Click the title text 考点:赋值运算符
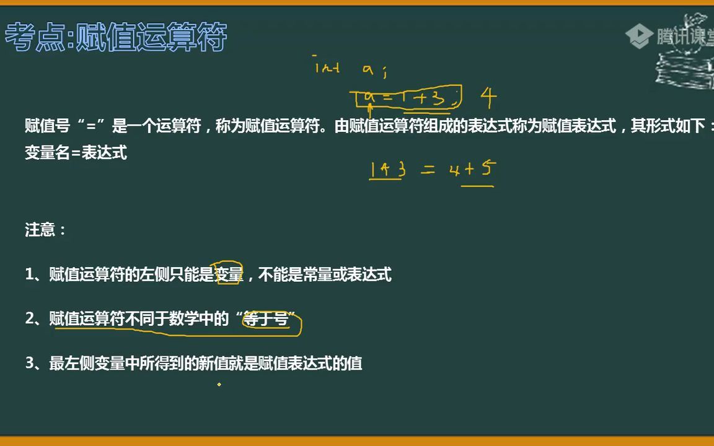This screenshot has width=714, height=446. tap(116, 37)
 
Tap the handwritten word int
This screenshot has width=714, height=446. tap(327, 68)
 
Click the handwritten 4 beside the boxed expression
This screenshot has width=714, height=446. tap(488, 97)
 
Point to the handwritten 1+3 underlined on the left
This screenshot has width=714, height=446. tap(387, 169)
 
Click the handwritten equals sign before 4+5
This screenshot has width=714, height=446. tap(428, 170)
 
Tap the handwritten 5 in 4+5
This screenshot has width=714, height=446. tap(487, 168)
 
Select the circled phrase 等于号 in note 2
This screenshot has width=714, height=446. tap(267, 320)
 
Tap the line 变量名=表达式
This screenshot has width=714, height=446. tap(76, 153)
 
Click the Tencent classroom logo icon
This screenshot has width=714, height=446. tap(638, 36)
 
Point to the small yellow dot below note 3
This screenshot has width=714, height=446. tap(219, 384)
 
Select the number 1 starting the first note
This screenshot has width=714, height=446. tap(29, 274)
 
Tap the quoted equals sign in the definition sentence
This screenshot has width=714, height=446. tap(94, 126)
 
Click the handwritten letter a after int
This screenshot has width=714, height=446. tap(368, 70)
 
